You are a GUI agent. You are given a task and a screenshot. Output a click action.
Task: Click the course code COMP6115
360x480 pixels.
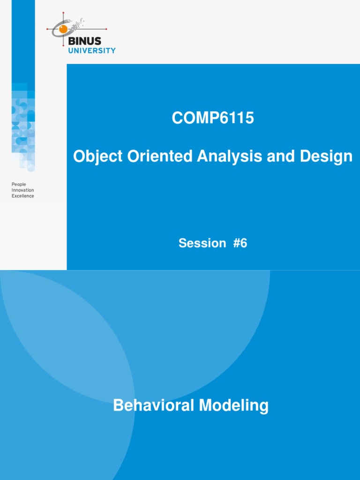click(x=213, y=119)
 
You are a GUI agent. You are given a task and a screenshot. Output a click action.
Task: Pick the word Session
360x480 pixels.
click(x=202, y=243)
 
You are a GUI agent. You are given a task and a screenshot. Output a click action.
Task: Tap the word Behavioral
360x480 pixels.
click(x=153, y=405)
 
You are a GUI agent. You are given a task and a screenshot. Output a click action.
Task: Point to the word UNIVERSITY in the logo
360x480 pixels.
click(x=92, y=51)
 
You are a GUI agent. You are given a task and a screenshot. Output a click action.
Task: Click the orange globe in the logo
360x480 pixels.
click(x=63, y=29)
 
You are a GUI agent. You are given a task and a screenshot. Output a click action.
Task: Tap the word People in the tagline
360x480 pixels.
click(x=19, y=185)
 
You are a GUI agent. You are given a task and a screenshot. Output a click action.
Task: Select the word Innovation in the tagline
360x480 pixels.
click(x=22, y=190)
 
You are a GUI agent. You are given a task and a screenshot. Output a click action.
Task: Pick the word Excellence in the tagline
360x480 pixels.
click(x=22, y=196)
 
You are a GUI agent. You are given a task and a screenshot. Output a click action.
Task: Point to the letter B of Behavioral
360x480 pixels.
click(x=118, y=405)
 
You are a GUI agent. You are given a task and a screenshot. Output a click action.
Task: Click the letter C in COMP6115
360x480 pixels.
click(x=177, y=119)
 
